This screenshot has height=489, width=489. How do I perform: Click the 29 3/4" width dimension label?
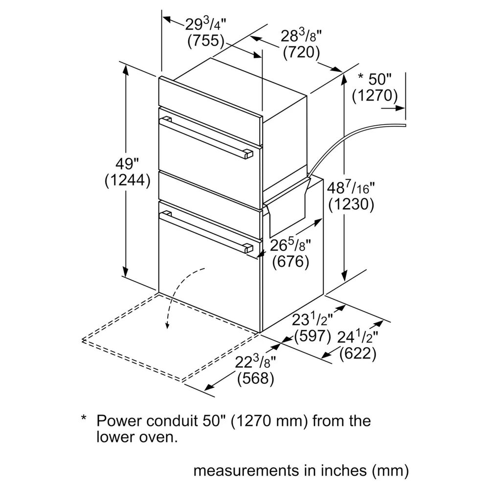205,24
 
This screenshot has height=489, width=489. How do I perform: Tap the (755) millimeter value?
206,41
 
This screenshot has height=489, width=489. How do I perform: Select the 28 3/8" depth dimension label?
301,36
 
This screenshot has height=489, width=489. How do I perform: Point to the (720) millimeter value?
302,52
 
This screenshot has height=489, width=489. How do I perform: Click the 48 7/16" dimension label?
351,188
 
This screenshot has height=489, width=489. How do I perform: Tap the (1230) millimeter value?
351,204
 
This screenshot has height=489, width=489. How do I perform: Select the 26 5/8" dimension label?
290,245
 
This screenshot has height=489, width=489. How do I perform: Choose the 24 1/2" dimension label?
358,337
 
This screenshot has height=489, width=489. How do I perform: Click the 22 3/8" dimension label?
255,362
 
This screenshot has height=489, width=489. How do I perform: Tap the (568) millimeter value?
256,378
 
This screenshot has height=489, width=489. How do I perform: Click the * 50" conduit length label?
374,79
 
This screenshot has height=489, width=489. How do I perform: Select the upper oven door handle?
208,137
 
